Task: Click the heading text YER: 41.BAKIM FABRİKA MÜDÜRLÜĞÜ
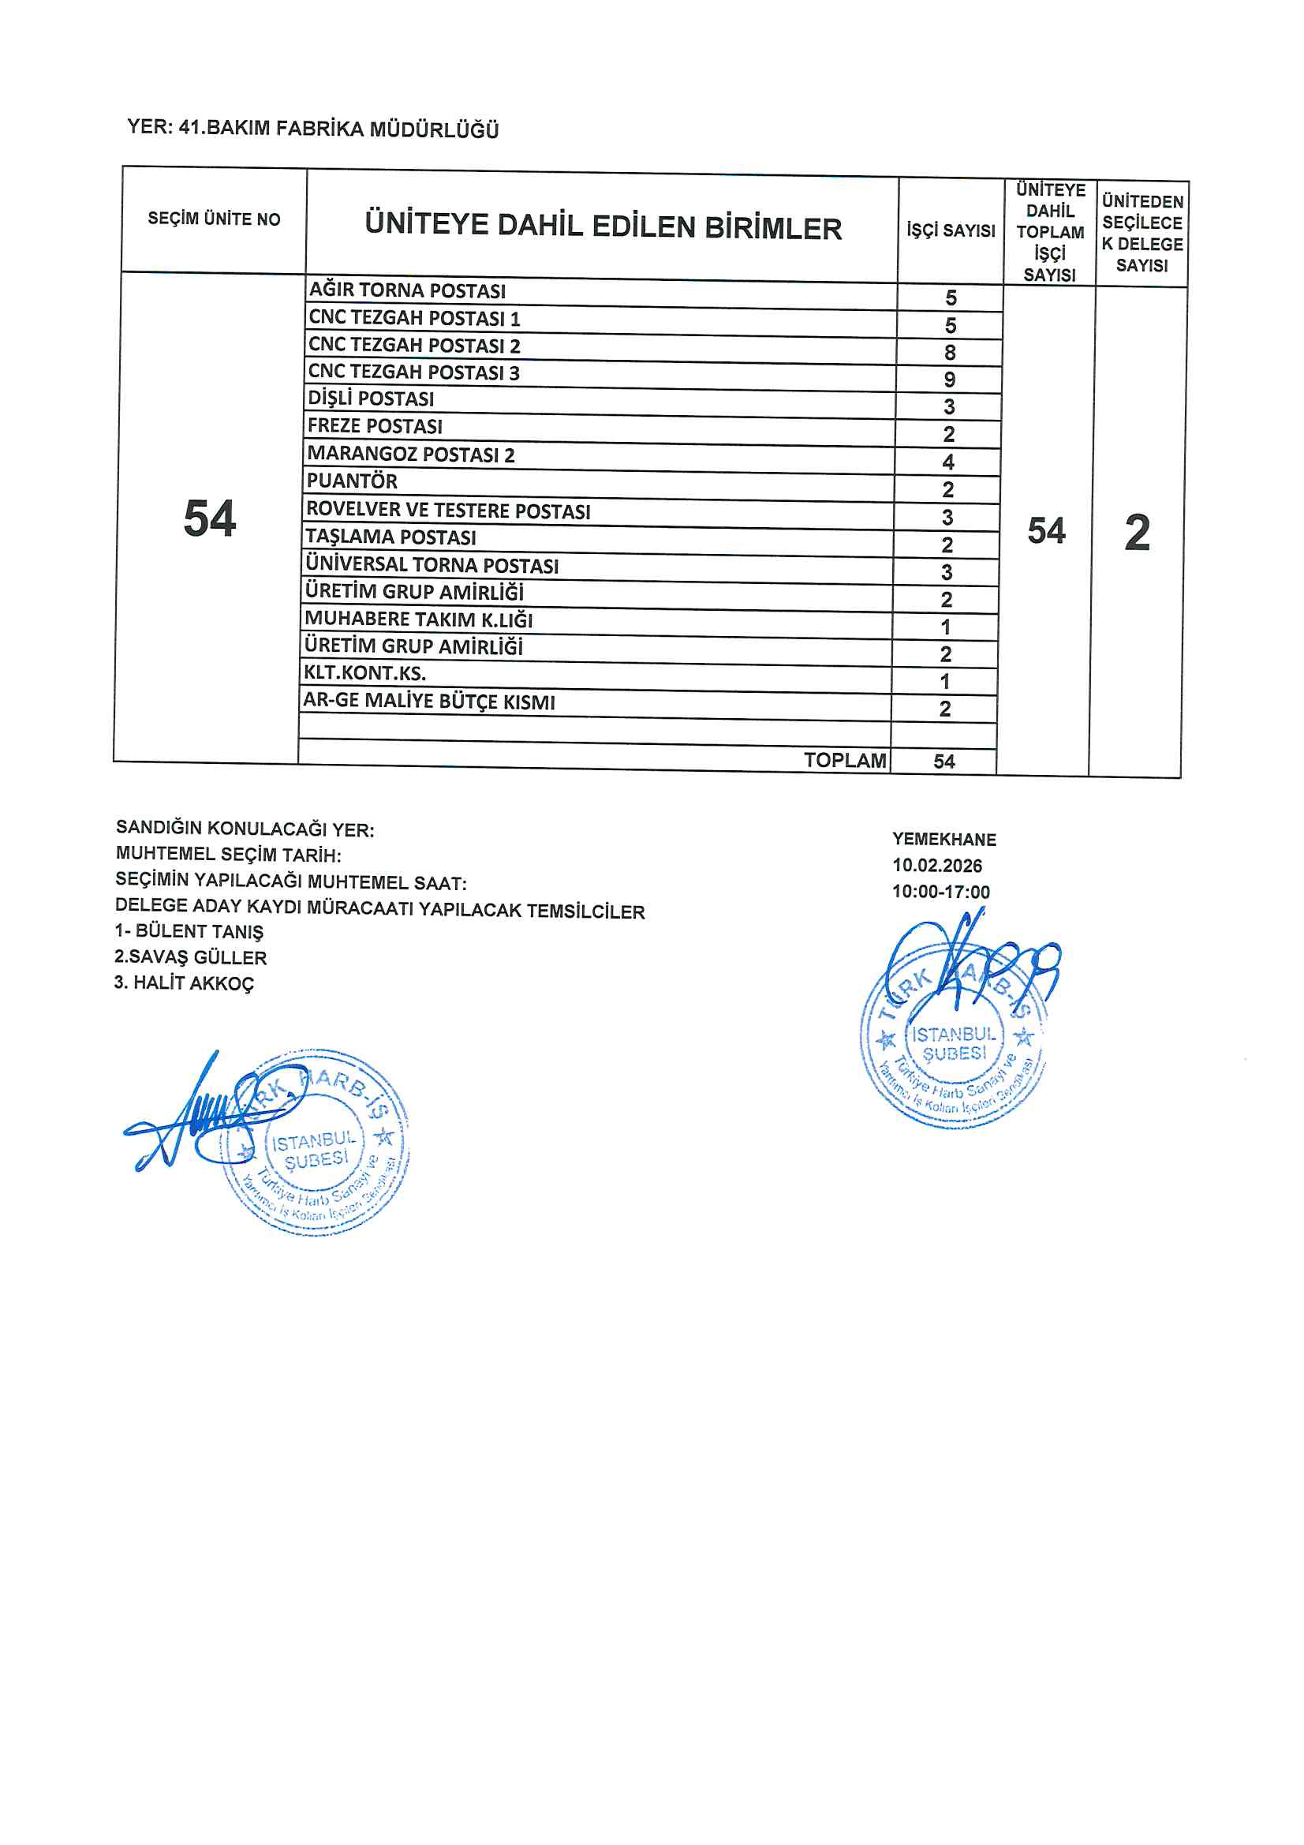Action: (x=312, y=129)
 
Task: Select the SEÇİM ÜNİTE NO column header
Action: (x=214, y=219)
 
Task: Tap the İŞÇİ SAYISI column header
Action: (x=951, y=230)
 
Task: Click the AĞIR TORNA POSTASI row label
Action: (x=407, y=290)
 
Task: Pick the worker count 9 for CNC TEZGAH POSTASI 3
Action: (x=950, y=380)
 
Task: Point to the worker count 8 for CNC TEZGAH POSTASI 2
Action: (x=950, y=352)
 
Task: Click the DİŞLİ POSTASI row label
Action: (x=371, y=399)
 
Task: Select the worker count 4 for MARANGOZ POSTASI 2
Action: (x=948, y=462)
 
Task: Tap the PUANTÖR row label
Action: (x=352, y=481)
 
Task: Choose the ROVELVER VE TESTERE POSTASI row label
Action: (x=448, y=511)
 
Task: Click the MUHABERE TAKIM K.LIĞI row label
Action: (x=418, y=619)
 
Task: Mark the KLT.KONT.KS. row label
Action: (x=364, y=672)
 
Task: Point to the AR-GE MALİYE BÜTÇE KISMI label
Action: (x=429, y=701)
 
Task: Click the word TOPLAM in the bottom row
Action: (x=844, y=760)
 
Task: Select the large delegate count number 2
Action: (x=1137, y=532)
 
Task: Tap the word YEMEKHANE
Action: (x=944, y=840)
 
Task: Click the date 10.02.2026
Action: (x=937, y=866)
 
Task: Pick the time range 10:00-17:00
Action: (x=941, y=892)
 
